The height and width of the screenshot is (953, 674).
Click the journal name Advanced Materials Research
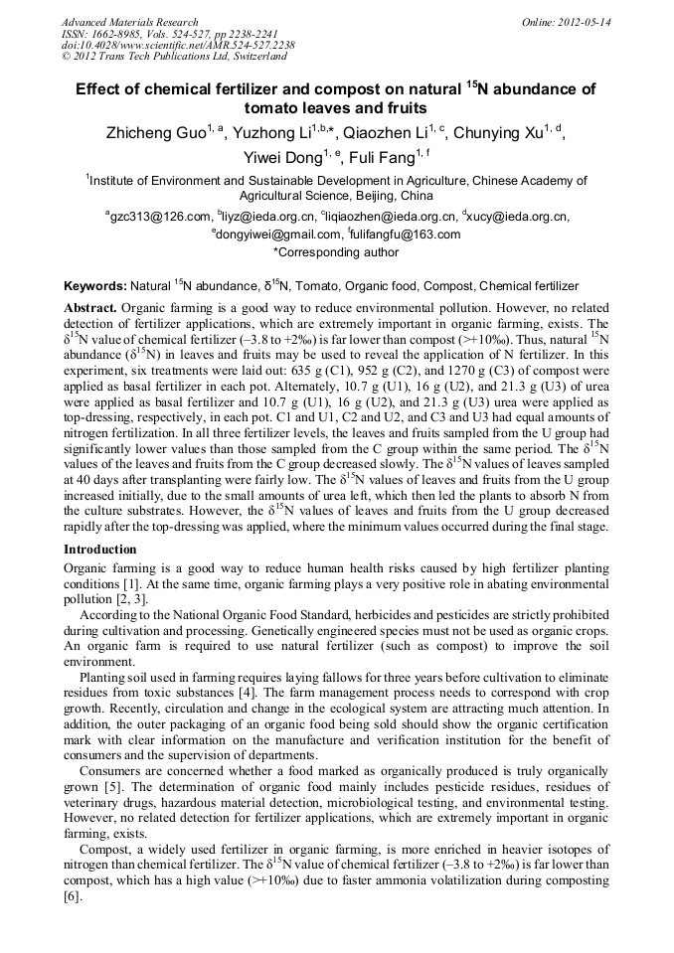[129, 22]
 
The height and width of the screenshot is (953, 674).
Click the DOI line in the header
[178, 45]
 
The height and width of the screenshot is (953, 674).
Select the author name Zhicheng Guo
[152, 133]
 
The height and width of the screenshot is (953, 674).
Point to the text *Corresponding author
[336, 252]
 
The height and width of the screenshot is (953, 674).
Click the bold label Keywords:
[94, 286]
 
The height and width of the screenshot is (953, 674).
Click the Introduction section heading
[100, 550]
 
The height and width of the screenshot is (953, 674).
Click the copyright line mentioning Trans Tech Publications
[174, 57]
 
